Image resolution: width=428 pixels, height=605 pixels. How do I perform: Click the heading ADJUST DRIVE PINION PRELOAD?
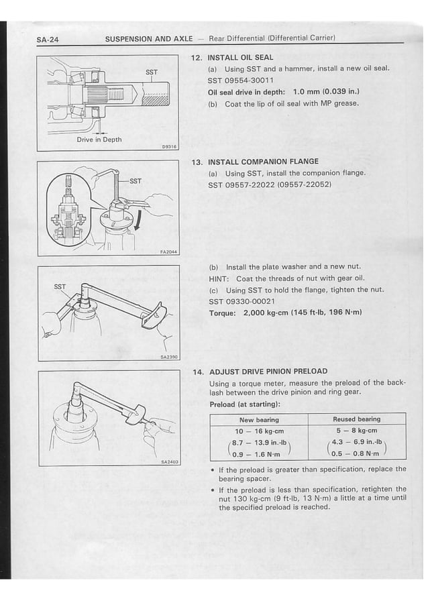[268, 371]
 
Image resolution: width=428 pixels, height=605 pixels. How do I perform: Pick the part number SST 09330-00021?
[242, 301]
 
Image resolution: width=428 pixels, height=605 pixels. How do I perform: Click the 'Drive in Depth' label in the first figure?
[99, 140]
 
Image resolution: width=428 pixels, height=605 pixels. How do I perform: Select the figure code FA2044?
[168, 252]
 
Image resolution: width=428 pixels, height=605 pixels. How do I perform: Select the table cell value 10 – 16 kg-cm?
[259, 431]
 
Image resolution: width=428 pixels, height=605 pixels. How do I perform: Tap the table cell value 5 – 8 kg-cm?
[356, 431]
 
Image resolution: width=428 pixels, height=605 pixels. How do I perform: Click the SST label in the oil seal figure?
[152, 72]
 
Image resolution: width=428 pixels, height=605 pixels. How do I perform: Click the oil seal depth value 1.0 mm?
[305, 92]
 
